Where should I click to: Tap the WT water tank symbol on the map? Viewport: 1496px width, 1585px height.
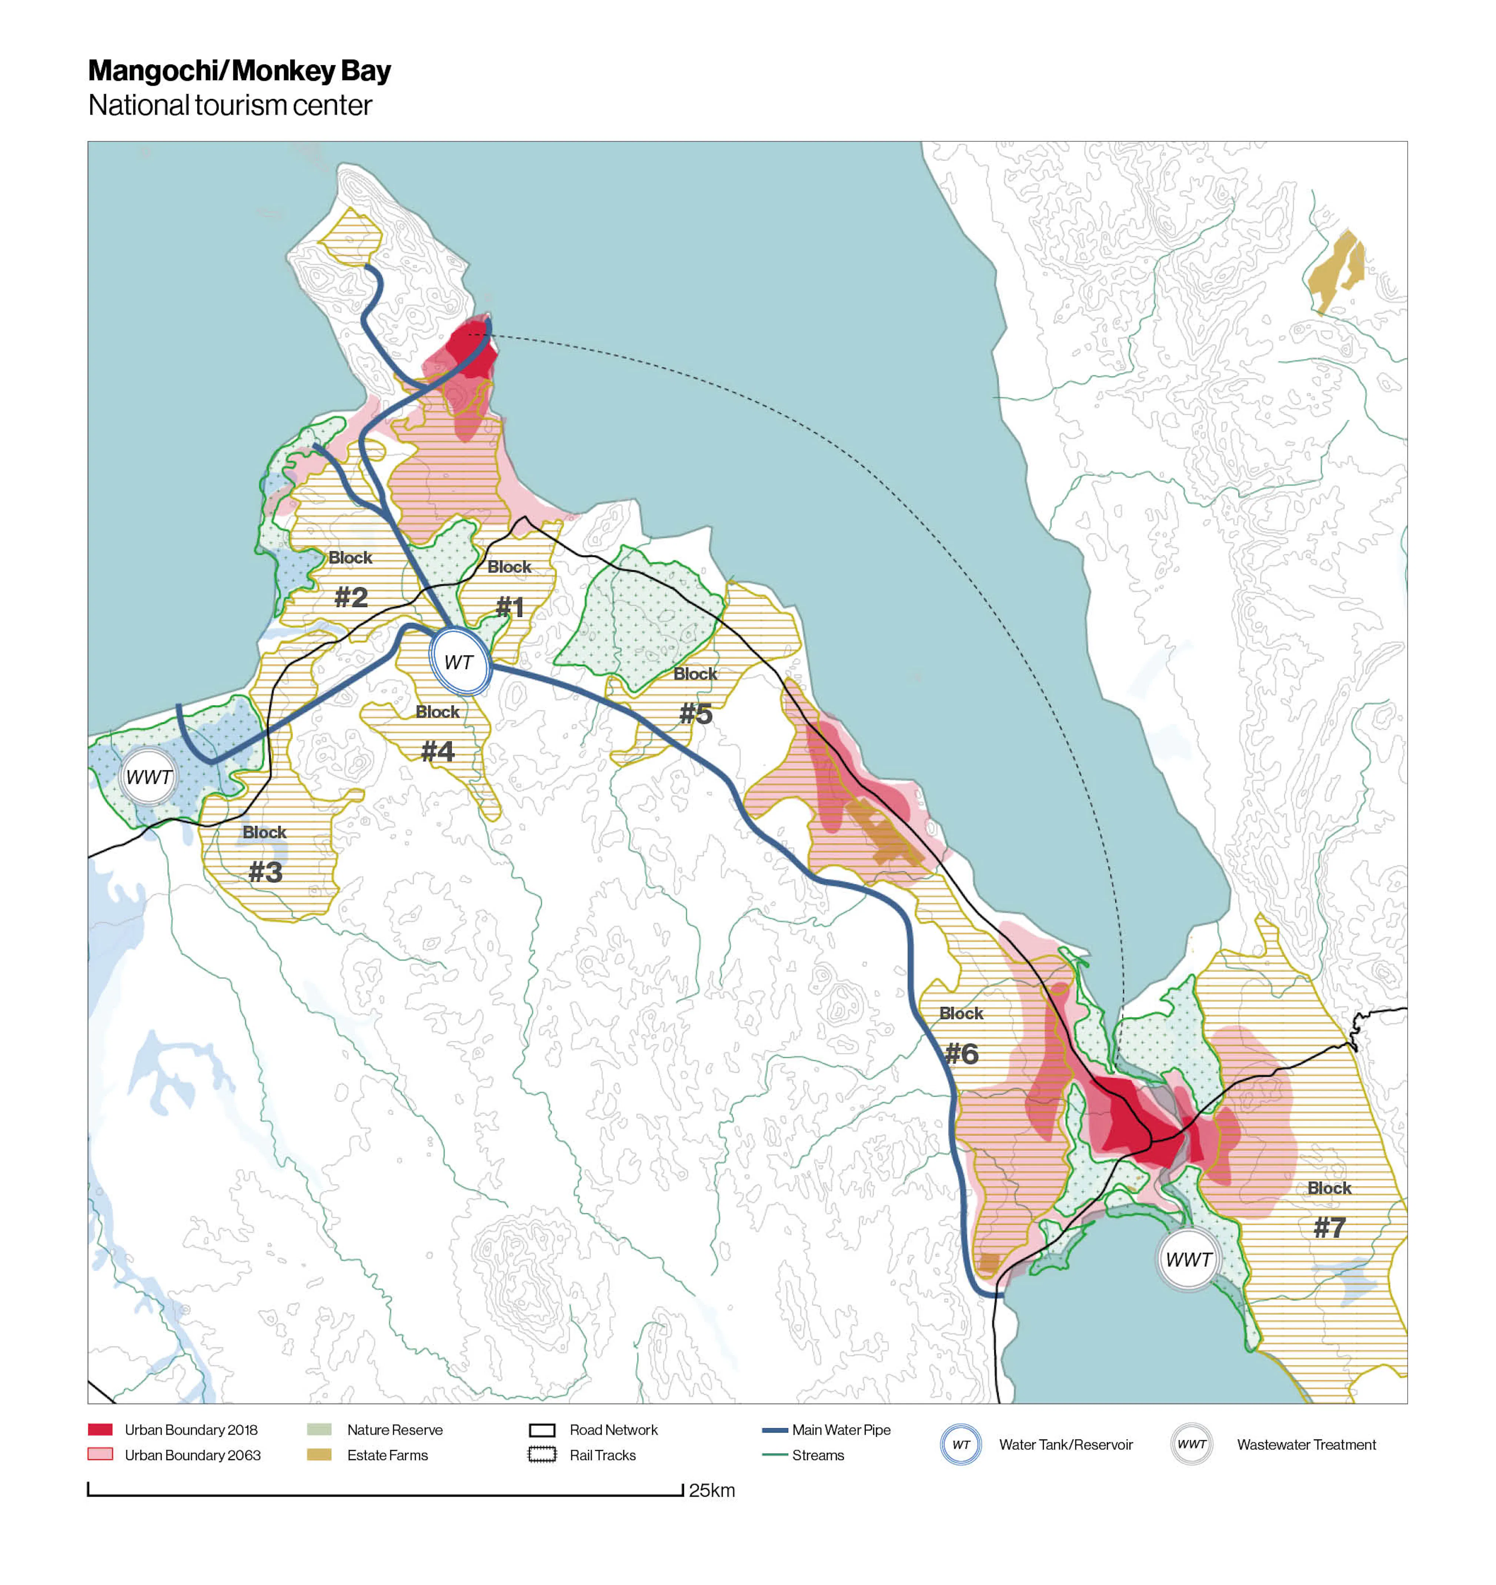click(x=459, y=662)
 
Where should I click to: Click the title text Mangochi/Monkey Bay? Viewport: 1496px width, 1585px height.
click(x=239, y=71)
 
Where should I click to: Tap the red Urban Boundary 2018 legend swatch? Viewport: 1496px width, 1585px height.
click(x=100, y=1429)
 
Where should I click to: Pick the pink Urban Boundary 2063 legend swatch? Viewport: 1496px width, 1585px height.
click(x=100, y=1454)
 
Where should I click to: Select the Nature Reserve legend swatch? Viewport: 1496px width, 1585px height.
click(x=319, y=1429)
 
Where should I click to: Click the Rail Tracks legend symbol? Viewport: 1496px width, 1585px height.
click(x=542, y=1455)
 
